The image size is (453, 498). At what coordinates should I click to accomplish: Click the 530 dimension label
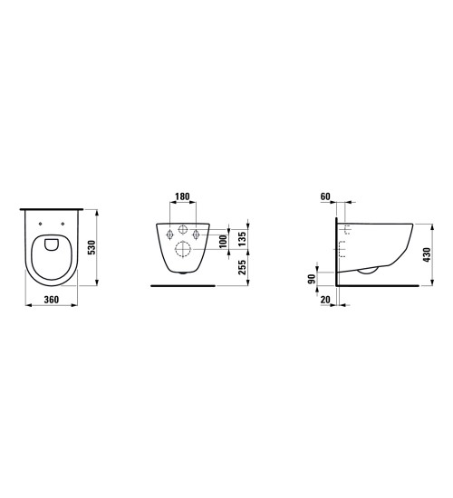[92, 247]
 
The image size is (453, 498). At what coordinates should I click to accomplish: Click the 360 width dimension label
[51, 300]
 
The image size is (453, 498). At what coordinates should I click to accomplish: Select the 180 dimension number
[182, 196]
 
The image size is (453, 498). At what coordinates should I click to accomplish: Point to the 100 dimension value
[224, 242]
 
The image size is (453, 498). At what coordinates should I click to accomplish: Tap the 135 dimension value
[242, 239]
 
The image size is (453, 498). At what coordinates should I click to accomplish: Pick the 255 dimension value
[242, 267]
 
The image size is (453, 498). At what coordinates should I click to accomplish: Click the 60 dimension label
[325, 196]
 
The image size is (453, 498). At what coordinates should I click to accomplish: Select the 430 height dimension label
[427, 254]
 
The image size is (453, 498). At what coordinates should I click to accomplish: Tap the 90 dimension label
[312, 279]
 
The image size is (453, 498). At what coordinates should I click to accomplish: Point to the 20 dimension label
[325, 300]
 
